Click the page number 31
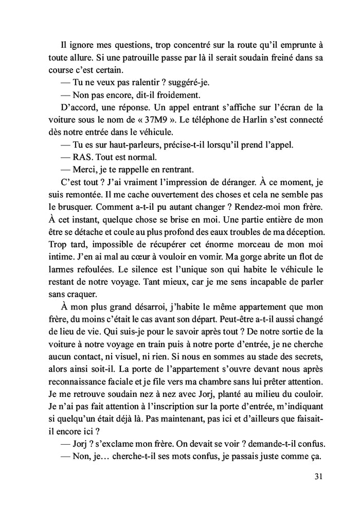click(318, 477)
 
